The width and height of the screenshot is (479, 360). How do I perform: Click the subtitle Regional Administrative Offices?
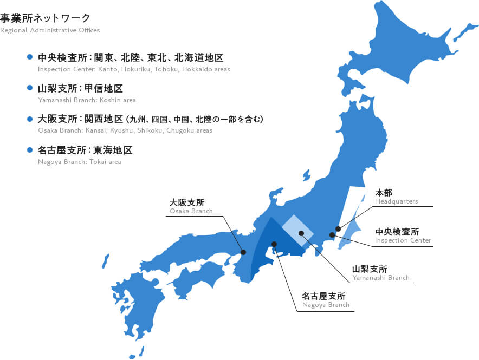click(x=50, y=30)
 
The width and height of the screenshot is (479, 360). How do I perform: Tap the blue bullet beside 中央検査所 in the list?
click(x=30, y=56)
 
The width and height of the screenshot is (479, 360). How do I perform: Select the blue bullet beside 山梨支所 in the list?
click(x=30, y=87)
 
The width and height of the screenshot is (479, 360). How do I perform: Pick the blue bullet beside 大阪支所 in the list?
click(x=30, y=118)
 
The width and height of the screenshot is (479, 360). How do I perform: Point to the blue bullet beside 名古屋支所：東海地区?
click(x=30, y=149)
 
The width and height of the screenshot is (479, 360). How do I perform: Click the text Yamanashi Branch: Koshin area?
click(x=87, y=100)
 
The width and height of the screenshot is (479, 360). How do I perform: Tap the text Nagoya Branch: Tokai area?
click(x=80, y=161)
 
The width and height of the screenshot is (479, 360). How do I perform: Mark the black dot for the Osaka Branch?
click(x=243, y=252)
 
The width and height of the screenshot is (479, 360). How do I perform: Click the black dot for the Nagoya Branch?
click(x=274, y=244)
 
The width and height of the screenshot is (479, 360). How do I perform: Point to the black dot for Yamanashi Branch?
click(x=301, y=233)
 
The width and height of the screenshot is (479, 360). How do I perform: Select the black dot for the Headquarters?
click(x=338, y=229)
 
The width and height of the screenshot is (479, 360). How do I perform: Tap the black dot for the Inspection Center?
click(x=332, y=235)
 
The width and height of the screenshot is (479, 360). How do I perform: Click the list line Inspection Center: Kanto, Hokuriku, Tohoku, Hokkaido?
click(x=134, y=69)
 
